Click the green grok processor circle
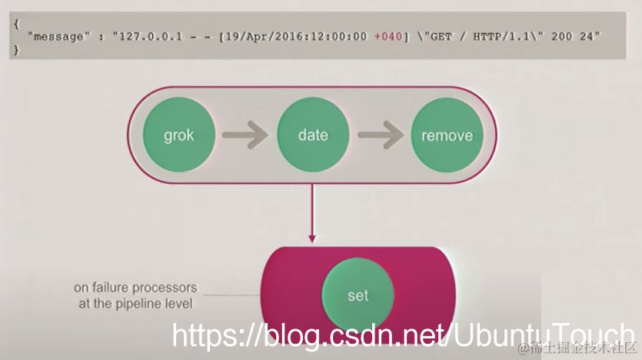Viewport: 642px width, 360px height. pyautogui.click(x=178, y=135)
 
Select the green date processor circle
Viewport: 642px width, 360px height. pyautogui.click(x=313, y=135)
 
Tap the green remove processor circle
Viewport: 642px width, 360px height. pyautogui.click(x=447, y=135)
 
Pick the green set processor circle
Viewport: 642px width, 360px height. pyautogui.click(x=358, y=295)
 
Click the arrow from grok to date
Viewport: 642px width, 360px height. pyautogui.click(x=244, y=135)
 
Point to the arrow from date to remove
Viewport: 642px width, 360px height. pyautogui.click(x=380, y=135)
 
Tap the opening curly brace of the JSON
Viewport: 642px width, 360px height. pyautogui.click(x=16, y=24)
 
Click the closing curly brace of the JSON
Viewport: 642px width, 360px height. pyautogui.click(x=16, y=50)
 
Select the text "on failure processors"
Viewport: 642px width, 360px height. pyautogui.click(x=135, y=288)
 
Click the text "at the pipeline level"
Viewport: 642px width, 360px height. pyautogui.click(x=135, y=303)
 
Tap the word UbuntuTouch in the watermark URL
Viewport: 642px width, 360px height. pyautogui.click(x=542, y=336)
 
